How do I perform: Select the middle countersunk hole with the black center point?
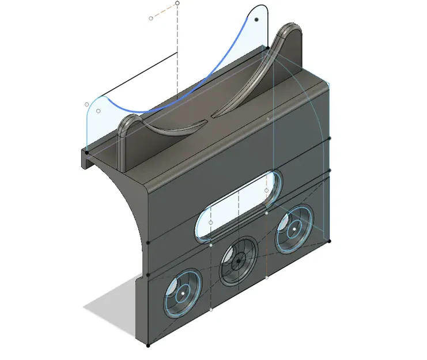click(x=238, y=261)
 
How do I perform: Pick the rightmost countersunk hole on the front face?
click(x=293, y=229)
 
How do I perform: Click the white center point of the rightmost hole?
click(x=293, y=229)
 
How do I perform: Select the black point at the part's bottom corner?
click(x=149, y=346)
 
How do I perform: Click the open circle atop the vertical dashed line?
click(x=177, y=3)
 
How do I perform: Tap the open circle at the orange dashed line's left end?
click(x=151, y=18)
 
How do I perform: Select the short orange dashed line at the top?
click(x=164, y=10)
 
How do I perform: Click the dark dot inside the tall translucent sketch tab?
click(x=257, y=19)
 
